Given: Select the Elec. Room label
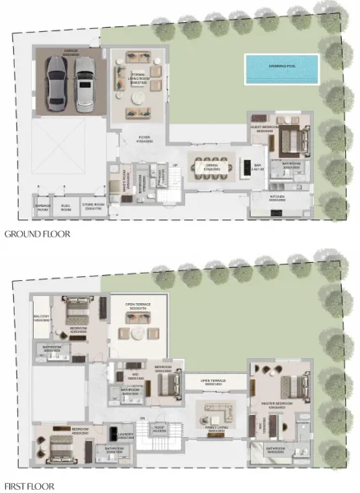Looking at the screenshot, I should click(66, 207).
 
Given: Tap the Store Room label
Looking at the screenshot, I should click(95, 207).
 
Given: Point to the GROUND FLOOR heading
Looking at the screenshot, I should click(36, 234).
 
